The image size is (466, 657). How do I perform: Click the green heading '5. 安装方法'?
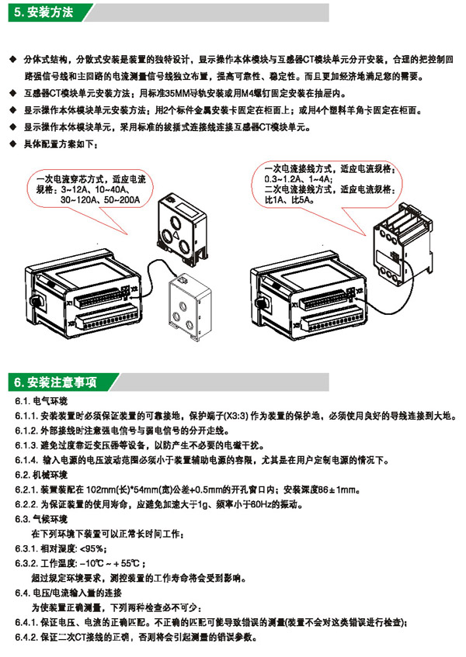click(x=43, y=12)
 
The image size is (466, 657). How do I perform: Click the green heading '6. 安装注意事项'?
click(x=55, y=382)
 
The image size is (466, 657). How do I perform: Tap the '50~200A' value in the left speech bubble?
click(x=122, y=200)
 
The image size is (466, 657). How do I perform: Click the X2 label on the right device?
click(x=359, y=290)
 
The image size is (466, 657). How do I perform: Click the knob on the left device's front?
click(x=35, y=300)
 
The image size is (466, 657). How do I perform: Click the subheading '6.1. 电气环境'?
click(x=41, y=401)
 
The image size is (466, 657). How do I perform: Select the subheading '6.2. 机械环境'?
click(x=41, y=475)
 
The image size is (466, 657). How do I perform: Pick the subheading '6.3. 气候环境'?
click(x=41, y=519)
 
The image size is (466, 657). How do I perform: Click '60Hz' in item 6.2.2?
click(x=261, y=504)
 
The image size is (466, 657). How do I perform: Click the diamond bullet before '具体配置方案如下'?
click(x=13, y=144)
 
